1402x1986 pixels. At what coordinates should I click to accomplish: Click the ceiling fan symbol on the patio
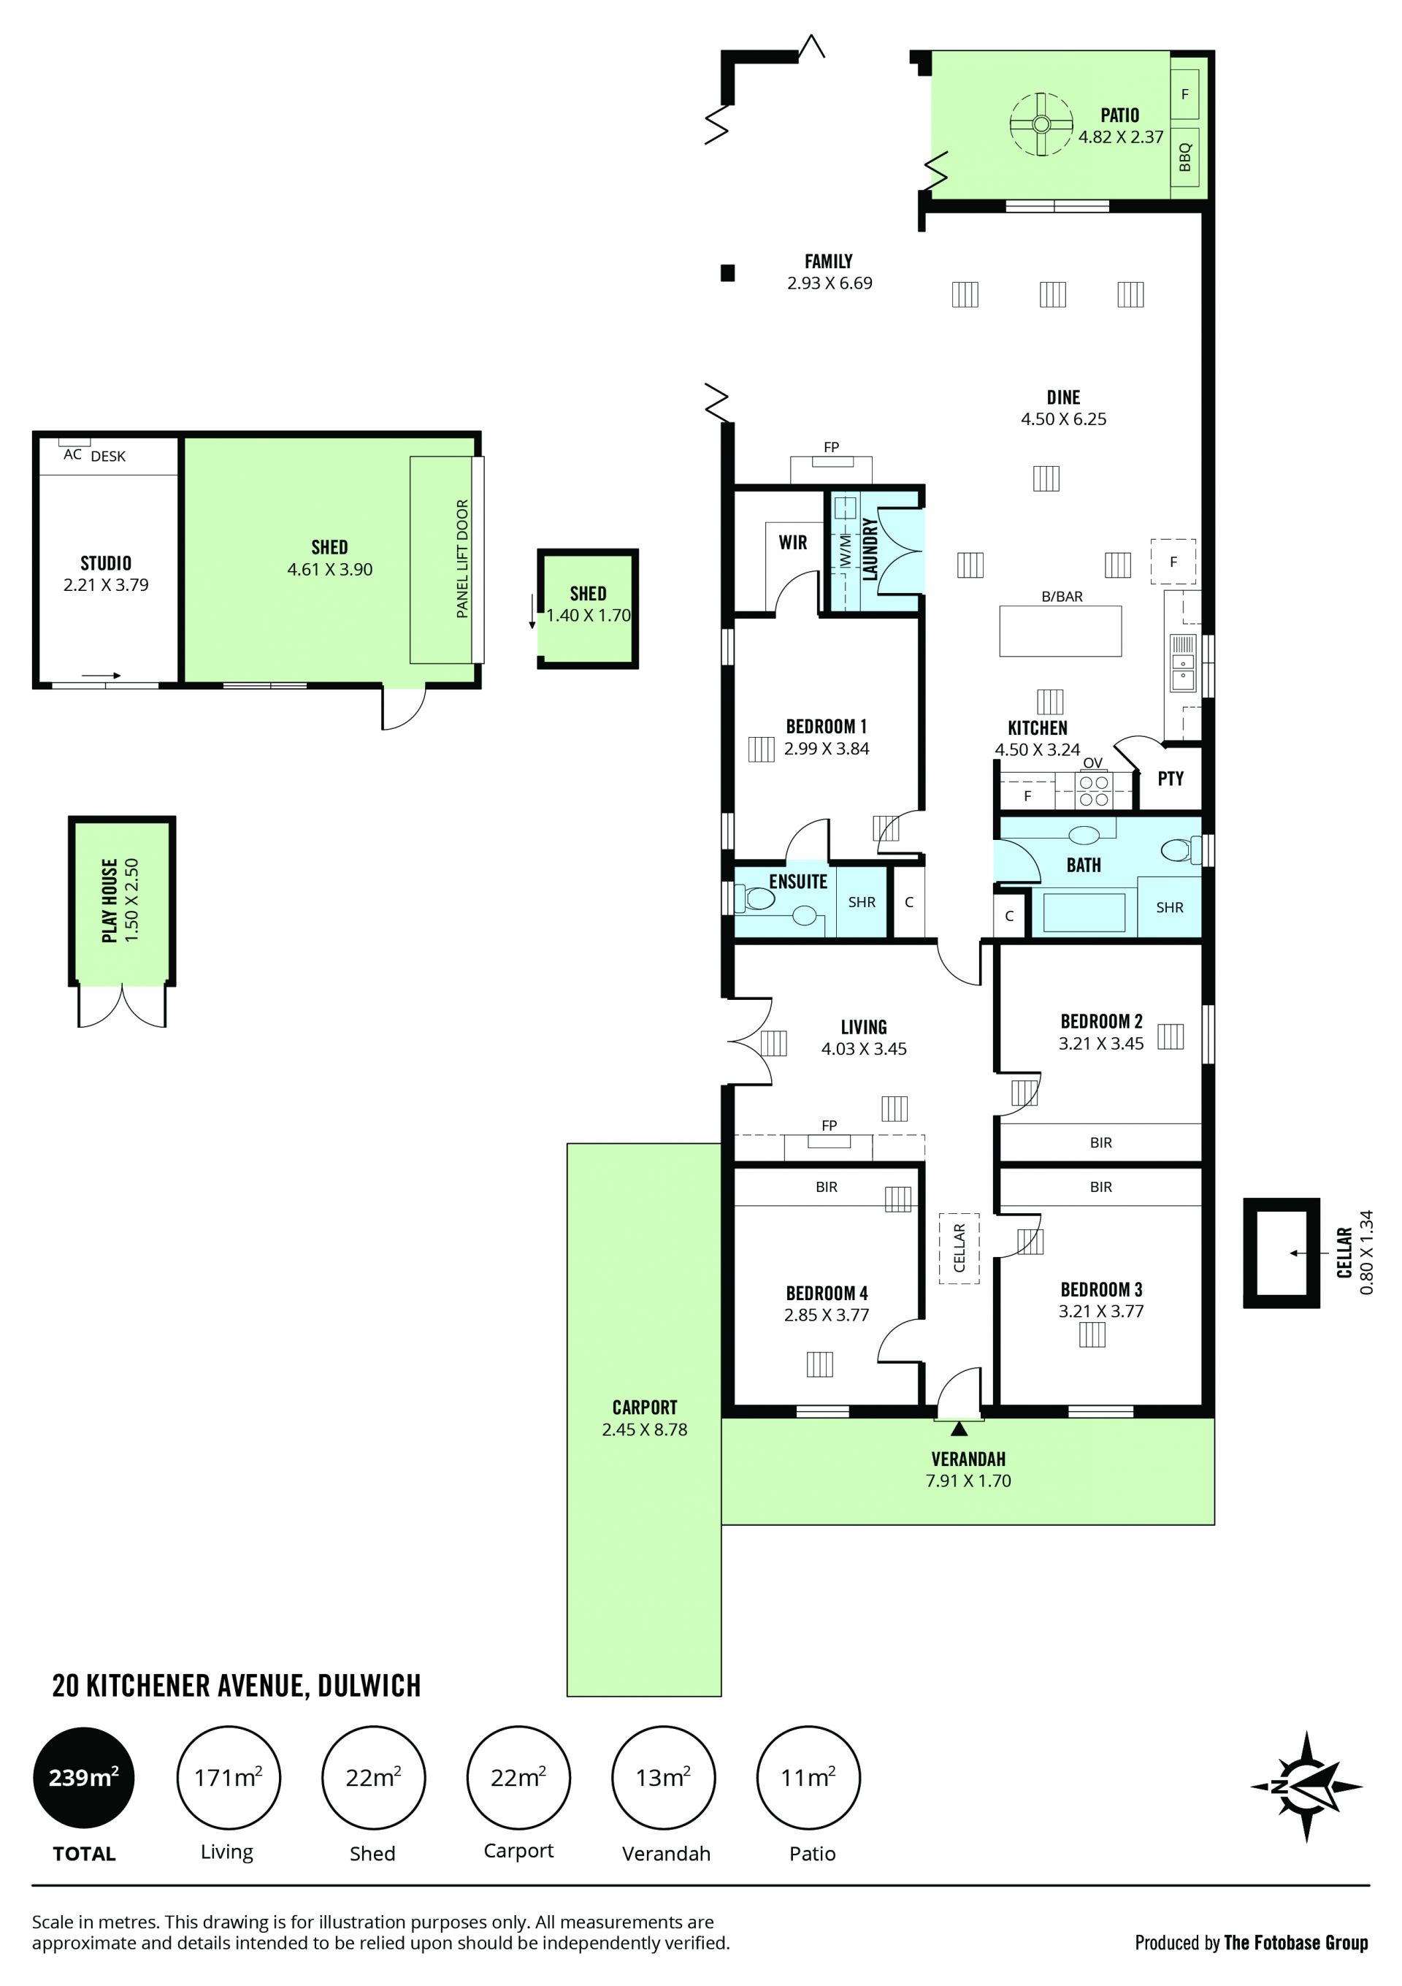tap(1041, 125)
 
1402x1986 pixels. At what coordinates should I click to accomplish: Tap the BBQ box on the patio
tap(1184, 158)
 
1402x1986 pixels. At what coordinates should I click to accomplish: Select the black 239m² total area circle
tap(84, 1779)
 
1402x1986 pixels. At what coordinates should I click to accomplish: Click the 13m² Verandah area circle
tap(663, 1779)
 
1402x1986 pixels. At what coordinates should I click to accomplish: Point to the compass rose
tap(1306, 1786)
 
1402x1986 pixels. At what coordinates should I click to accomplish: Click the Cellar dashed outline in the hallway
tap(959, 1248)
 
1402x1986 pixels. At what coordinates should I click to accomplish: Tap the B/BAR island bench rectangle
tap(1060, 631)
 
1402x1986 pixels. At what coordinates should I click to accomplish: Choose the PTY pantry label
tap(1171, 779)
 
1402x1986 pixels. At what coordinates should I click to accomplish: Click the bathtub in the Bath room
tap(1084, 912)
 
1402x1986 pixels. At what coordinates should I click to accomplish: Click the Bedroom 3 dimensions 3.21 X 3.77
tap(1101, 1311)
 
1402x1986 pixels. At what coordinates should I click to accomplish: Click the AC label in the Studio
tap(72, 455)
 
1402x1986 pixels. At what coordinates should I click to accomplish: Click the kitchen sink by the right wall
tap(1182, 663)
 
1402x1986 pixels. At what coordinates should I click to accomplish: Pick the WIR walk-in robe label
tap(792, 543)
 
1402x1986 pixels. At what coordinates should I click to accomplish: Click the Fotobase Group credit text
tap(1252, 1943)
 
